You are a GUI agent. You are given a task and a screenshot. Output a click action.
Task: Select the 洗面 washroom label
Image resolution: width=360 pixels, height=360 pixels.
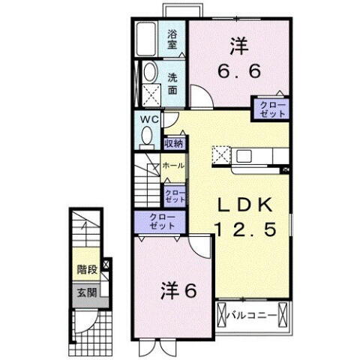click(x=172, y=82)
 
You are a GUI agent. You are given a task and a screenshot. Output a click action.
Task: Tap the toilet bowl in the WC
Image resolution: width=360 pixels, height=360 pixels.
click(x=146, y=138)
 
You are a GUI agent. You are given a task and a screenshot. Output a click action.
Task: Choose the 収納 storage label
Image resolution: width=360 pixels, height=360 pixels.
click(x=173, y=142)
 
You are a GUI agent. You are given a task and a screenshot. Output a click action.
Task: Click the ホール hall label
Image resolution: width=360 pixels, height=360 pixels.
click(x=173, y=165)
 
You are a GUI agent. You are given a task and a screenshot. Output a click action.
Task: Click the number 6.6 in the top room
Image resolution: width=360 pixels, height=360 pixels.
click(x=238, y=72)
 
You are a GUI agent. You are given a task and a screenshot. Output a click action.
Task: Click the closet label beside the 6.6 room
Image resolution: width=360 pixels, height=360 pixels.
click(x=272, y=109)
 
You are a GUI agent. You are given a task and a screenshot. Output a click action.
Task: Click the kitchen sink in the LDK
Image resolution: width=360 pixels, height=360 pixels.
click(x=246, y=156)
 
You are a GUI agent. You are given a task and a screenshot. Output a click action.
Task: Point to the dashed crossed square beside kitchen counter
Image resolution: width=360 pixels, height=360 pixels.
click(x=220, y=155)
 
